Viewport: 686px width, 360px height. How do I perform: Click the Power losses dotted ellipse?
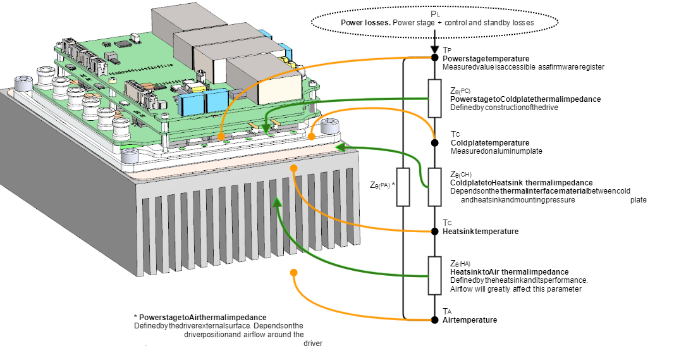click(434, 22)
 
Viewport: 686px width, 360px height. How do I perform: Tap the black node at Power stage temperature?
click(434, 58)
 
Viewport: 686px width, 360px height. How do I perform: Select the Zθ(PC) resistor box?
click(434, 98)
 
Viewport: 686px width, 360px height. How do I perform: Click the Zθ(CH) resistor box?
click(434, 187)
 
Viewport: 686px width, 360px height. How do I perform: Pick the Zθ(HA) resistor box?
click(434, 275)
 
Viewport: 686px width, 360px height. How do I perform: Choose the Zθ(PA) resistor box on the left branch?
click(403, 187)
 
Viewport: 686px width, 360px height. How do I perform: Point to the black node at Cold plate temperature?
click(434, 142)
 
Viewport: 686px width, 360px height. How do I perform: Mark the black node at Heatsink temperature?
click(434, 231)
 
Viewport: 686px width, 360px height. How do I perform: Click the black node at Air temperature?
click(434, 318)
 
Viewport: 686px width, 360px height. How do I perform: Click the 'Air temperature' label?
click(470, 320)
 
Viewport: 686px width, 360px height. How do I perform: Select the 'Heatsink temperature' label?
click(481, 232)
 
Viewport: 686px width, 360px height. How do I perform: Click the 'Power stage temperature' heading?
click(486, 58)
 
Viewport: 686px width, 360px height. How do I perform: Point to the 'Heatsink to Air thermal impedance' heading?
click(509, 272)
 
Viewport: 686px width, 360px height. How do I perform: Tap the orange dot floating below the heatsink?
click(293, 273)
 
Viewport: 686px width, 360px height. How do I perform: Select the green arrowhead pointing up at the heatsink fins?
click(276, 202)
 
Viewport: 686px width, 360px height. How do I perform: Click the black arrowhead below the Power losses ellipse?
click(434, 50)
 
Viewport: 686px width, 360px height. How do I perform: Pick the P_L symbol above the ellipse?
click(434, 13)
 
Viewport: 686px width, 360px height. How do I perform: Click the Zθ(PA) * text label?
click(382, 185)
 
